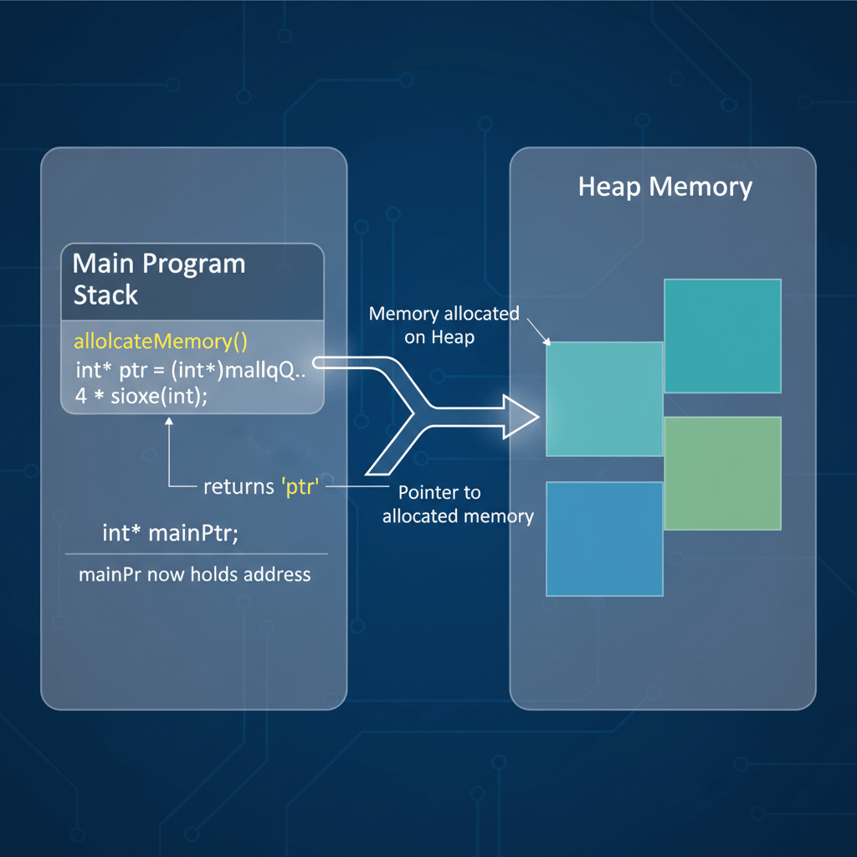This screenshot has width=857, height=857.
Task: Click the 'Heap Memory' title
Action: tap(665, 187)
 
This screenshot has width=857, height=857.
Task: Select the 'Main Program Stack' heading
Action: tap(159, 279)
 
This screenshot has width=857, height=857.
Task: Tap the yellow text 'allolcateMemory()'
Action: tap(161, 341)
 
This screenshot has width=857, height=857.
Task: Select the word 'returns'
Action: tap(238, 486)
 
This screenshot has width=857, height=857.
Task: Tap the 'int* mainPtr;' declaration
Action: tap(170, 533)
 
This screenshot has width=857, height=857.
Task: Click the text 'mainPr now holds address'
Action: tap(194, 575)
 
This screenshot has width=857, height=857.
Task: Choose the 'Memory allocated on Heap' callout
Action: tap(444, 325)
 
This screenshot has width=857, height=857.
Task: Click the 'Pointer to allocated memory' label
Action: tap(457, 505)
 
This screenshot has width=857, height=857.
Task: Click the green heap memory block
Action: tap(722, 473)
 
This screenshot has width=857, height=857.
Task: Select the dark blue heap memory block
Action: tap(604, 538)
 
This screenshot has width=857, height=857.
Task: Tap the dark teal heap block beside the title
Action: tap(722, 336)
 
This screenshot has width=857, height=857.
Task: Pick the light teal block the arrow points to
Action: tap(604, 399)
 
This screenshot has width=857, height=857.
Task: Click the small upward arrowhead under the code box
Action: tap(169, 423)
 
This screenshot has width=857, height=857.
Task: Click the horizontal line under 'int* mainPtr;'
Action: tap(197, 553)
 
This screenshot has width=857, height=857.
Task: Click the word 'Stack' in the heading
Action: tap(105, 295)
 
